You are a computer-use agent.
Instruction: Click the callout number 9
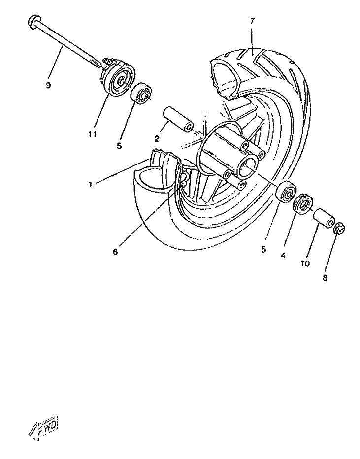point(49,86)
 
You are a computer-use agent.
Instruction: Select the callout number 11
point(93,134)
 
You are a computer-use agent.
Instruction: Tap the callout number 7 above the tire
point(252,21)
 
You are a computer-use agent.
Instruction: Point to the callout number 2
point(157,139)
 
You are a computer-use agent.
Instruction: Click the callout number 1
point(91,185)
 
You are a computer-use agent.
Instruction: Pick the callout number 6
point(115,252)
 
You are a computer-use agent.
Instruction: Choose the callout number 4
point(283,256)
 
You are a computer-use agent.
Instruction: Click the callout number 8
point(325,278)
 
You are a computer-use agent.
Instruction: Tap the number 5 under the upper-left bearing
point(119,146)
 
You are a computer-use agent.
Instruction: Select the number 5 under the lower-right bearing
point(263,249)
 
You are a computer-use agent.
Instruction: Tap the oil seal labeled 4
point(303,203)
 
